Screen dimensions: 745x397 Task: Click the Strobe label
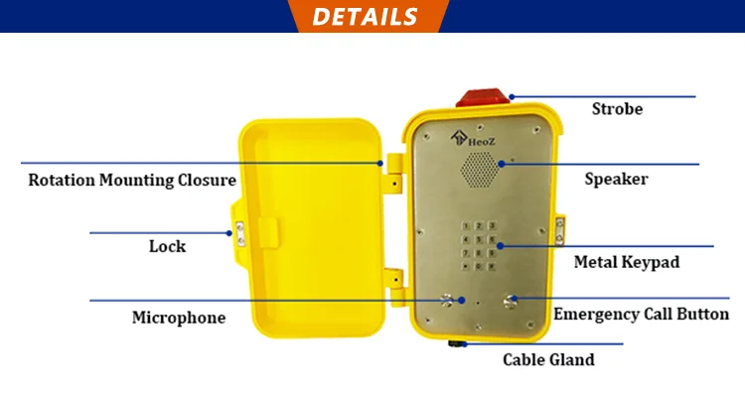coord(617,109)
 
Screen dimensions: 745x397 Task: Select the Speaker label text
coord(616,180)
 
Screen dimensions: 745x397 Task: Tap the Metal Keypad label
coord(627,263)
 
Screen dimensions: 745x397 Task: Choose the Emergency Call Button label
coord(641,315)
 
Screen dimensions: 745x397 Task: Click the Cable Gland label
coord(548,359)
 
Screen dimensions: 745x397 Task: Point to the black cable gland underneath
coord(459,344)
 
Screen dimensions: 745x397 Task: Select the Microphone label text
coord(179,318)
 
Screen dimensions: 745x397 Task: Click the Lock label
coord(167,246)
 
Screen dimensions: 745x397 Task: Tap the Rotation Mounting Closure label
coord(132,181)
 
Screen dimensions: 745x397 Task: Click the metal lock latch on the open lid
coord(238,233)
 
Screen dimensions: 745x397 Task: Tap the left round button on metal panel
coord(446,302)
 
